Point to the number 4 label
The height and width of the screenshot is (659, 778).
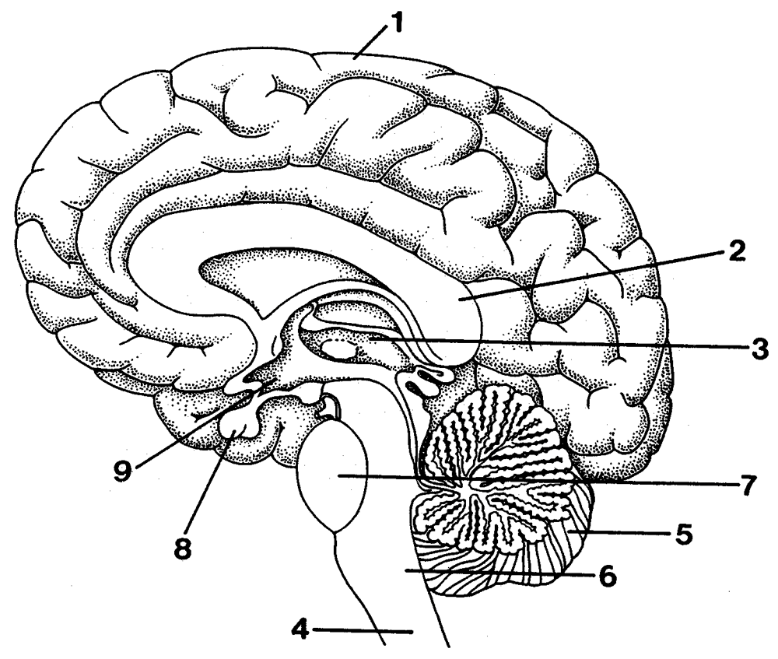tap(300, 630)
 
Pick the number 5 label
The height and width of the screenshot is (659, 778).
tap(683, 535)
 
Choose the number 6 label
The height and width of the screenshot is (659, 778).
tap(608, 577)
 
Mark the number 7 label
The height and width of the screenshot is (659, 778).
tap(748, 485)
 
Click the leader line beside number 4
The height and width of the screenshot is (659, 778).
tap(363, 631)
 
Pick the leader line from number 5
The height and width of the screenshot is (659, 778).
tap(619, 533)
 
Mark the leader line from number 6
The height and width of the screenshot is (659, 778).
tap(499, 573)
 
